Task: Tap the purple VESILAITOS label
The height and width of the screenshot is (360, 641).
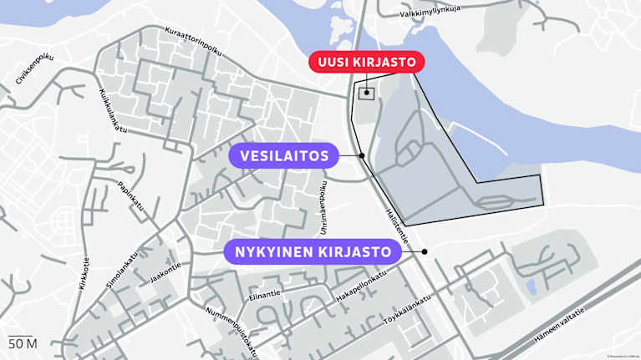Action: pyautogui.click(x=284, y=155)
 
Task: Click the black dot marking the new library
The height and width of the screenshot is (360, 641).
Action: pyautogui.click(x=367, y=93)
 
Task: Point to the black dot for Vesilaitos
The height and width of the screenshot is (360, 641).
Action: pyautogui.click(x=362, y=155)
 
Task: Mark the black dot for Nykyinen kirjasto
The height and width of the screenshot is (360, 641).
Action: pyautogui.click(x=425, y=251)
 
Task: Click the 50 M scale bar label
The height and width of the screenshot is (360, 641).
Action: pyautogui.click(x=23, y=343)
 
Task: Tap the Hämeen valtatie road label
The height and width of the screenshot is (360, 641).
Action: pyautogui.click(x=581, y=321)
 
